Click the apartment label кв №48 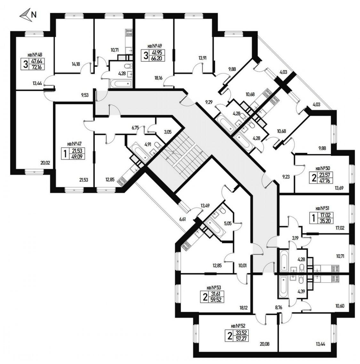35,55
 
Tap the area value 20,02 45,163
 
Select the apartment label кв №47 74,144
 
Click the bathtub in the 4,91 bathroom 140,153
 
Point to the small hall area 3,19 295,238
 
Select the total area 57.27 240,338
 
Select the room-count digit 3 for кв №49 146,56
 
